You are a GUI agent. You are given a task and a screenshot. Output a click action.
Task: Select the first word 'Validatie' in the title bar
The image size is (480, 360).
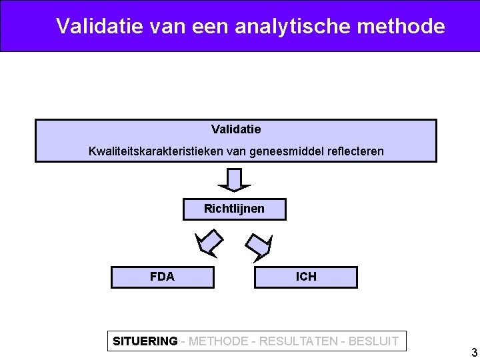pyautogui.click(x=95, y=26)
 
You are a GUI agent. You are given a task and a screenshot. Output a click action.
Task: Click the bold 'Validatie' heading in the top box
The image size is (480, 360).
pyautogui.click(x=236, y=129)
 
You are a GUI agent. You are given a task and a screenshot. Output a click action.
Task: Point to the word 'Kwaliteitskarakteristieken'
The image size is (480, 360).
pyautogui.click(x=156, y=151)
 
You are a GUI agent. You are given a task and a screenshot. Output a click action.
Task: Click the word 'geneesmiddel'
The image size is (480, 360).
pyautogui.click(x=284, y=151)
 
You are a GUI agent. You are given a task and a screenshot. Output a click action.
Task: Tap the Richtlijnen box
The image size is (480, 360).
pyautogui.click(x=234, y=209)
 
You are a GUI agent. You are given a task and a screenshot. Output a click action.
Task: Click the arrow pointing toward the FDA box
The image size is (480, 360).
pyautogui.click(x=208, y=243)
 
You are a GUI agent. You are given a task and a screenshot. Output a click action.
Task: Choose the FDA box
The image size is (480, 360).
pyautogui.click(x=162, y=277)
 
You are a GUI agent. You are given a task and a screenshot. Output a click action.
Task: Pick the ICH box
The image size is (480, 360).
pyautogui.click(x=306, y=277)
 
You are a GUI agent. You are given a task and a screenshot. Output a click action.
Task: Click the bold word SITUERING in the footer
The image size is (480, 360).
pyautogui.click(x=145, y=341)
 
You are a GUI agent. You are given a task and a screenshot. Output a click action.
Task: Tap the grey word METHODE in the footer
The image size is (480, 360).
pyautogui.click(x=219, y=341)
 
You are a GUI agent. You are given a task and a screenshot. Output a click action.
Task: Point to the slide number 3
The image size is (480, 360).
pyautogui.click(x=474, y=353)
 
